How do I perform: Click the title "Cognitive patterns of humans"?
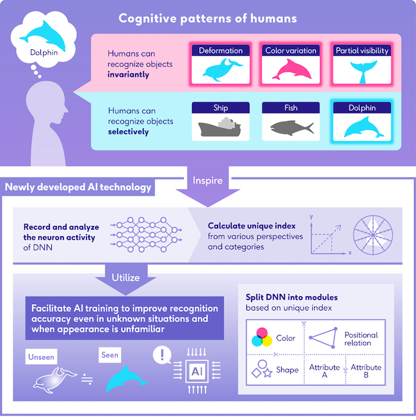(207, 18)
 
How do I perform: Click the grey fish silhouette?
(291, 127)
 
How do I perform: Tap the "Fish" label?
(291, 108)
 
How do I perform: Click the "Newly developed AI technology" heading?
(79, 188)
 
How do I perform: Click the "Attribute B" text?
(365, 371)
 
